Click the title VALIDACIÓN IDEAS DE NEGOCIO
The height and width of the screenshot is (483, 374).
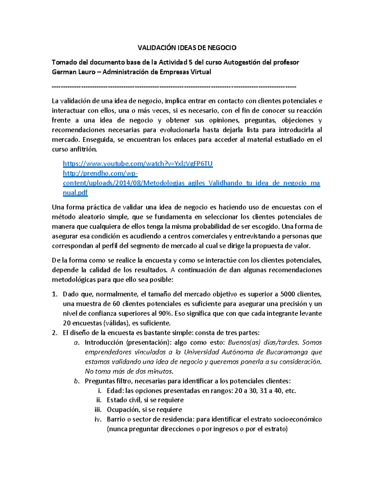(187, 48)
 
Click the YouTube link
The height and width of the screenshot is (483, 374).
(137, 164)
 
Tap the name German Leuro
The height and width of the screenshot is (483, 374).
(74, 72)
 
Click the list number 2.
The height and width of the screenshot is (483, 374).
(55, 333)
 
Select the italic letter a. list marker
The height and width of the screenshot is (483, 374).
(76, 342)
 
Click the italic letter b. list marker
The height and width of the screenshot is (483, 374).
(76, 381)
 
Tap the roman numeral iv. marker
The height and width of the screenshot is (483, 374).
(98, 419)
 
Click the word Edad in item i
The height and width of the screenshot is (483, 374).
(115, 391)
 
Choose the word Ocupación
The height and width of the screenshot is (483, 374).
(123, 410)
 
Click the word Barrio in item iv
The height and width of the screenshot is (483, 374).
(116, 419)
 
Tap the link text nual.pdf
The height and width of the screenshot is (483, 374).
(75, 193)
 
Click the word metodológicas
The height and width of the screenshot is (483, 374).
(74, 280)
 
